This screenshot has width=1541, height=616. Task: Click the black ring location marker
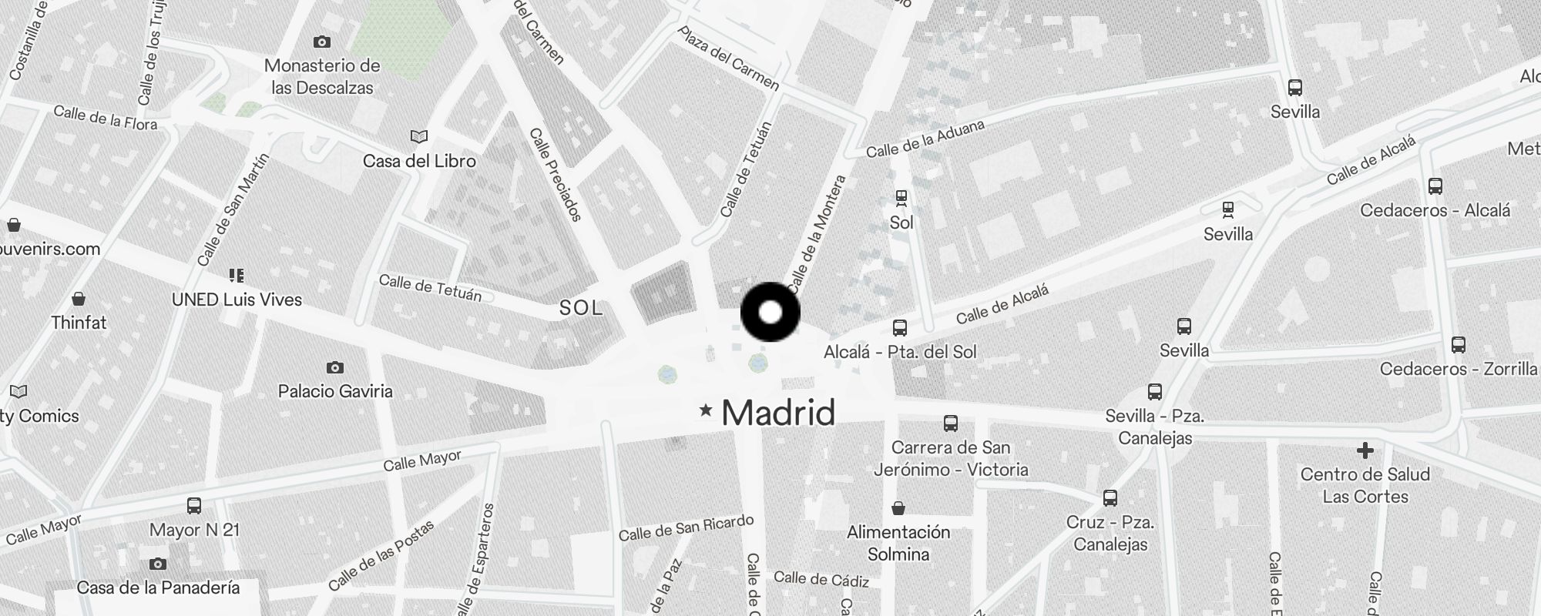click(x=770, y=312)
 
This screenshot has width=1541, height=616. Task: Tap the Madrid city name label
click(x=778, y=413)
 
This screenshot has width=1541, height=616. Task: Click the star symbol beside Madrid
click(x=705, y=410)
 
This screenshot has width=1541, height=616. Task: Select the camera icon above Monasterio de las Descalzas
click(x=322, y=42)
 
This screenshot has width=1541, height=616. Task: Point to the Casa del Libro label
click(x=419, y=161)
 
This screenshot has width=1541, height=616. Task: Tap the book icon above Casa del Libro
click(x=418, y=136)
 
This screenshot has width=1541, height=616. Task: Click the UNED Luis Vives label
click(x=237, y=300)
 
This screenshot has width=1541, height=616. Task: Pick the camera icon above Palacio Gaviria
click(x=334, y=367)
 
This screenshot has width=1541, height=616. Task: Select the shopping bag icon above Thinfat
click(x=78, y=299)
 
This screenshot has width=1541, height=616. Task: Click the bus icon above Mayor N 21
click(x=194, y=506)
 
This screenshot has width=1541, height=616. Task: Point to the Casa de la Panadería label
click(x=158, y=588)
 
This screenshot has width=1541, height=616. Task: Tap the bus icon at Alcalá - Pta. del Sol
click(x=899, y=328)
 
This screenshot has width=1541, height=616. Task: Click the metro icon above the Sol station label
click(x=901, y=198)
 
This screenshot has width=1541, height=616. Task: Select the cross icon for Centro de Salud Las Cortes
click(x=1365, y=450)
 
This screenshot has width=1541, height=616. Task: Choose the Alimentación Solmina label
click(x=898, y=543)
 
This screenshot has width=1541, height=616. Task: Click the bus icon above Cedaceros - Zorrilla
click(x=1458, y=345)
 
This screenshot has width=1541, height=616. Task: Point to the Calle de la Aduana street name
click(x=925, y=139)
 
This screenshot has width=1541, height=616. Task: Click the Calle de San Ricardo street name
click(x=686, y=527)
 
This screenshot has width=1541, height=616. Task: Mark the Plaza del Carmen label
click(x=728, y=58)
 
